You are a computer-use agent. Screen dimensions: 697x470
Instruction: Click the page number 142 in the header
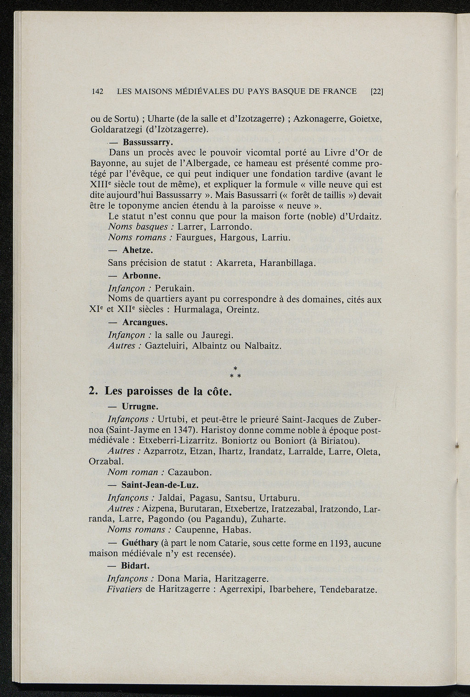(97, 91)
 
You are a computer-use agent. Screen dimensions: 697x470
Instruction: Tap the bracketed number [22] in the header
(376, 91)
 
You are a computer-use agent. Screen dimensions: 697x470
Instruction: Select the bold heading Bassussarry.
(142, 141)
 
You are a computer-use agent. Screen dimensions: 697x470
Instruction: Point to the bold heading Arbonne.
(141, 276)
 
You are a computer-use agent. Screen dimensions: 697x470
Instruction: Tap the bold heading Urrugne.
(140, 407)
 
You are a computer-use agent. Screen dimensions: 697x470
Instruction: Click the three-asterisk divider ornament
(235, 372)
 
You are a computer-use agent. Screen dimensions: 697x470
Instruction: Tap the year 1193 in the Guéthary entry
(341, 543)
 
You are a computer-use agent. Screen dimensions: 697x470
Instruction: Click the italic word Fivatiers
(124, 589)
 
